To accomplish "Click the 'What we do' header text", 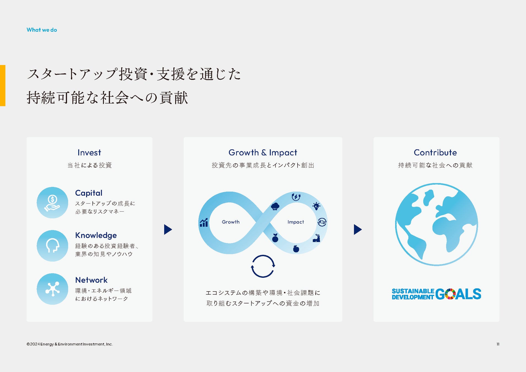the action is point(42,30).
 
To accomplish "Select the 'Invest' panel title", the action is point(89,152).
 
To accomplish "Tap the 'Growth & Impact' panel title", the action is point(263,153).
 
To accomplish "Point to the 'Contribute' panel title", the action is point(435,152).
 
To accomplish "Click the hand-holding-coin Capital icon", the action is point(52,203).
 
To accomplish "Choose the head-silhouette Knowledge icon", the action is point(52,246).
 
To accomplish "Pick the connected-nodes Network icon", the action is point(52,289).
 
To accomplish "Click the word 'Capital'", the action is point(89,193).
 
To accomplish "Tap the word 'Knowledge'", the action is point(96,236).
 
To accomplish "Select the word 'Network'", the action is point(91,280).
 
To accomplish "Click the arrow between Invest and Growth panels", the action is point(168,230).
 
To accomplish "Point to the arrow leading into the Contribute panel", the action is point(358,230).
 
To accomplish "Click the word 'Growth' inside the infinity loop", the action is point(231,222).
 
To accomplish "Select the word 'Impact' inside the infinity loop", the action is point(296,222).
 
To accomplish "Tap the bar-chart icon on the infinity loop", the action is point(204,222).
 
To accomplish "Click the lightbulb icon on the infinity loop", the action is point(316,206).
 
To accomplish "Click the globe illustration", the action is point(436,225).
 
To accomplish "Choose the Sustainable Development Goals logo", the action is point(436,294).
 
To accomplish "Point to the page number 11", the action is point(498,344).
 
